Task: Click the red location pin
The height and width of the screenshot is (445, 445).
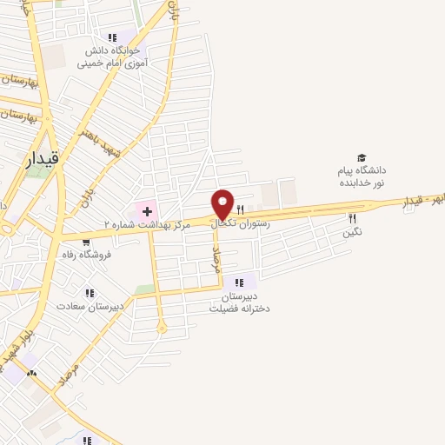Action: coord(223,203)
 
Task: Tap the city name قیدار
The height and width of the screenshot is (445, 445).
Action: coord(45,157)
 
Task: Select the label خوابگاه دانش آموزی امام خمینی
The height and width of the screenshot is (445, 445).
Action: coord(111,56)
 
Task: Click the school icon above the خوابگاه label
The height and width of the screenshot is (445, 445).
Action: coord(111,37)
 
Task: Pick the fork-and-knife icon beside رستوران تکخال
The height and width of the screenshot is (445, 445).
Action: coord(240,209)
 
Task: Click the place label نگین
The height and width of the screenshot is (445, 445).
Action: coord(352,232)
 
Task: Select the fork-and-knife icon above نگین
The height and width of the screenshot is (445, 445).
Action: coord(352,218)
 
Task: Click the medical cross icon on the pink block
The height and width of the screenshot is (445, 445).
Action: coord(147,210)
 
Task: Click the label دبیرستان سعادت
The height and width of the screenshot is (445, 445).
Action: coord(90,307)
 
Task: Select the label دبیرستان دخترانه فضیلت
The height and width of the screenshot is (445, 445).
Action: coord(240,301)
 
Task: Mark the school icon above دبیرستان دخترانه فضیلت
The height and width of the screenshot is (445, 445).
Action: coord(240,281)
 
